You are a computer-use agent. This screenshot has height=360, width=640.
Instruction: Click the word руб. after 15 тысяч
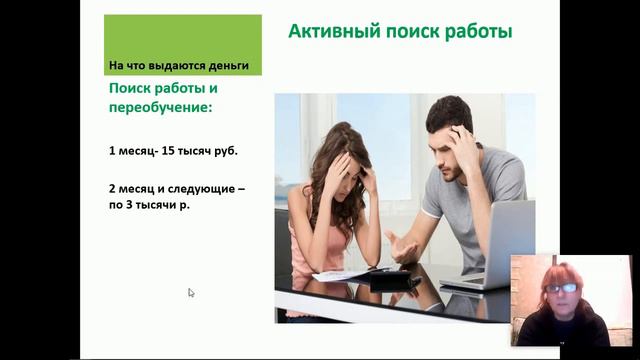pos(227,151)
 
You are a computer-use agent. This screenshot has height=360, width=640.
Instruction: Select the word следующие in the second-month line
pos(208,188)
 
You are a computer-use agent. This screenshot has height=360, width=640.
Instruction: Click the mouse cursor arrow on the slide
pos(191,293)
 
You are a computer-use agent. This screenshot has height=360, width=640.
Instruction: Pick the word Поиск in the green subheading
pos(132,88)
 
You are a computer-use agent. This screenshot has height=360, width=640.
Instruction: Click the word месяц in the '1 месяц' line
pos(136,151)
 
